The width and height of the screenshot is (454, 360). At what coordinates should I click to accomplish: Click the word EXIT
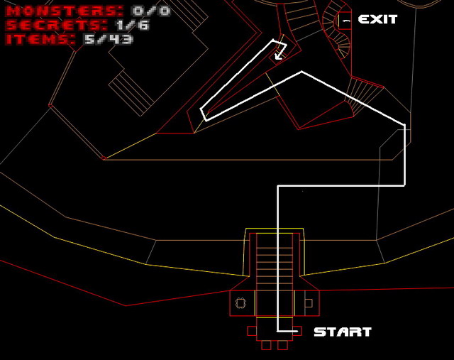377,19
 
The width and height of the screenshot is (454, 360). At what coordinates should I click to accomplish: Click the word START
343,332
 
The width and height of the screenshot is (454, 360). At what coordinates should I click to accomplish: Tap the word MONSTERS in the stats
65,11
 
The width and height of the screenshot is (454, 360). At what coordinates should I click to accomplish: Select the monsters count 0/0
151,11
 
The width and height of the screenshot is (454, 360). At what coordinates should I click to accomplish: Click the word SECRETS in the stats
57,25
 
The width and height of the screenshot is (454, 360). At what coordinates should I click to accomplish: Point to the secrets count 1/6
133,25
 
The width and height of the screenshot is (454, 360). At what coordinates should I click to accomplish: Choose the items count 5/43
109,39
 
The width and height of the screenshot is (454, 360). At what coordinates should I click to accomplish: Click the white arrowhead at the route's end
278,55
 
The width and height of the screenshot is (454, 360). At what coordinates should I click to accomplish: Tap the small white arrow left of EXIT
346,21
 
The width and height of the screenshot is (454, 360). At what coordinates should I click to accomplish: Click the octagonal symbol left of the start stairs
240,303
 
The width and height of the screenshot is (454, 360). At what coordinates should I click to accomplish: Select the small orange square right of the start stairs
309,303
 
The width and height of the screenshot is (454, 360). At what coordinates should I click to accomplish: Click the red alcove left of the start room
252,331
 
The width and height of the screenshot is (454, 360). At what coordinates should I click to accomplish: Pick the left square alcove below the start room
267,345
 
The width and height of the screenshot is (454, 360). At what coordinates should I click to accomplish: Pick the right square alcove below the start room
282,345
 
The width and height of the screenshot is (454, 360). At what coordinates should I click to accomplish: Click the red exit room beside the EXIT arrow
345,21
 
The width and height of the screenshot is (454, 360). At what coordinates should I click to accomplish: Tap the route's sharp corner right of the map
404,125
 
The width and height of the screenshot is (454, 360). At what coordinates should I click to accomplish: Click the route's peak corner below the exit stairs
301,72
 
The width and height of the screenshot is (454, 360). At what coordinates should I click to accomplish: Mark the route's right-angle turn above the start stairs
278,186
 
